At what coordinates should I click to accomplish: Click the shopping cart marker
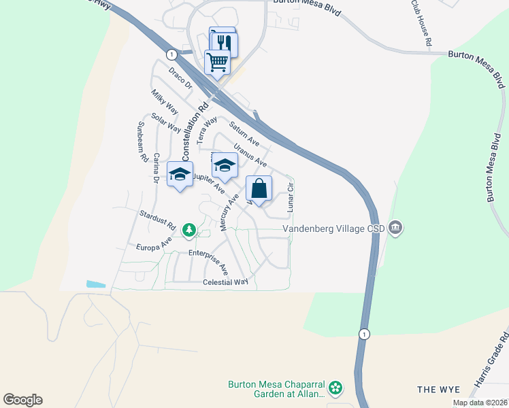click(217, 63)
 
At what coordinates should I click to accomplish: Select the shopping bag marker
click(259, 188)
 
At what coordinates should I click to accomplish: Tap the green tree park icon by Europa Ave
click(188, 231)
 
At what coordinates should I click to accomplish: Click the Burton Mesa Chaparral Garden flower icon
click(335, 388)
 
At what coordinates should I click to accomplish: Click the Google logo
click(22, 400)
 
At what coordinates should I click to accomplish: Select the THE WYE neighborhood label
click(438, 390)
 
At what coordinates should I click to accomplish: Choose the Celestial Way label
click(226, 282)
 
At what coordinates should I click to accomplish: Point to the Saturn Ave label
click(244, 133)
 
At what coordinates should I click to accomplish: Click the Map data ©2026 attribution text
click(479, 403)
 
